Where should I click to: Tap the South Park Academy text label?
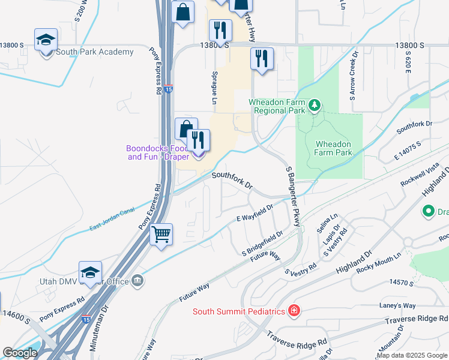pos(95,52)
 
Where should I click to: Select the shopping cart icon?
pos(161,234)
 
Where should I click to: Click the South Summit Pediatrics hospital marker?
pos(294,311)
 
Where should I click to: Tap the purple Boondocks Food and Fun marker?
pos(198,155)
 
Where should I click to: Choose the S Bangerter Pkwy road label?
pos(293,196)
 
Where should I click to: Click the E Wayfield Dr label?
pos(255,214)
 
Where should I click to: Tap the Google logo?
pos(20,353)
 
